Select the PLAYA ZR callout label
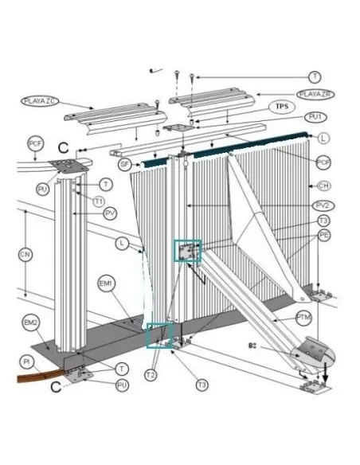pos(315,95)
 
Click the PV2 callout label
pos(323,205)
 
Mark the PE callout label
pos(323,236)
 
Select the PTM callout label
pos(303,317)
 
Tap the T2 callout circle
pos(151,373)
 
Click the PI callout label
pos(26,362)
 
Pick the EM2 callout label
pos(30,322)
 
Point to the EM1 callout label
pos(106,283)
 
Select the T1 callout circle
pos(98,201)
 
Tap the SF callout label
pos(124,163)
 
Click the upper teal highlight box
pos(189,252)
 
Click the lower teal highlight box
pos(159,334)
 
